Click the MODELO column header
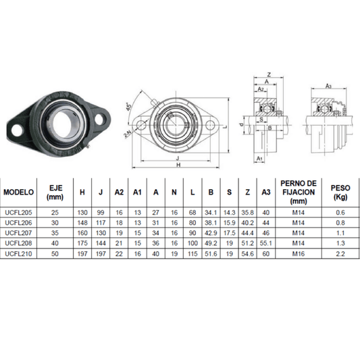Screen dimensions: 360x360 point(20,192)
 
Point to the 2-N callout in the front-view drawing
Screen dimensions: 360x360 point(127,134)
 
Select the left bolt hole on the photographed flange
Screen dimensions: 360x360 point(14,126)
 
